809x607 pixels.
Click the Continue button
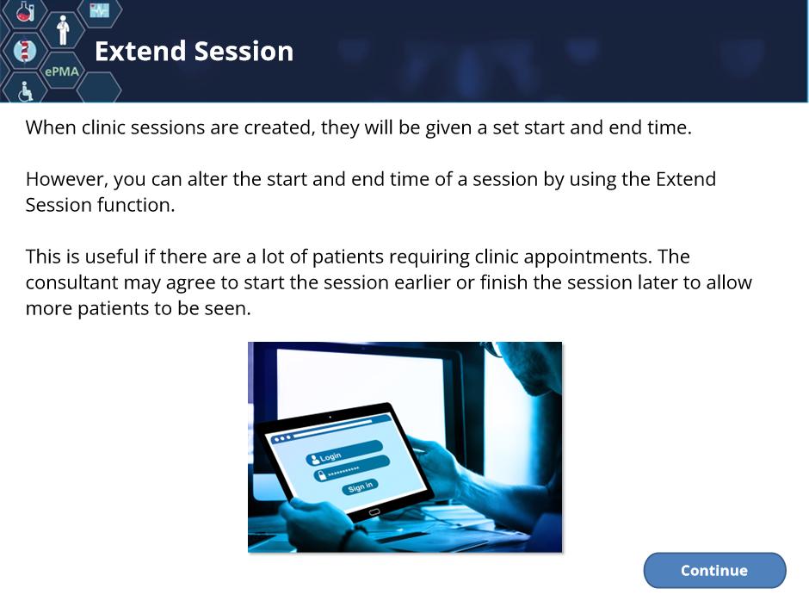[714, 570]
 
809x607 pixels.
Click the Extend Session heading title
[194, 52]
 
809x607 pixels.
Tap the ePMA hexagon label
[62, 71]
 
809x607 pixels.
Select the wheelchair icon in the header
[25, 91]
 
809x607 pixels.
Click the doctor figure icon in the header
[63, 30]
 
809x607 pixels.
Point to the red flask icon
[25, 11]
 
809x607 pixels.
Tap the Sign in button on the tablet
[360, 486]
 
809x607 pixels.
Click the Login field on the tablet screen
[344, 453]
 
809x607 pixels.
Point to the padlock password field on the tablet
[351, 468]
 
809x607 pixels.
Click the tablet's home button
[374, 512]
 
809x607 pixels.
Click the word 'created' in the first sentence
[279, 128]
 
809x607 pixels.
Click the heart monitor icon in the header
[100, 9]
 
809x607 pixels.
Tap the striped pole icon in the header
[25, 51]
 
